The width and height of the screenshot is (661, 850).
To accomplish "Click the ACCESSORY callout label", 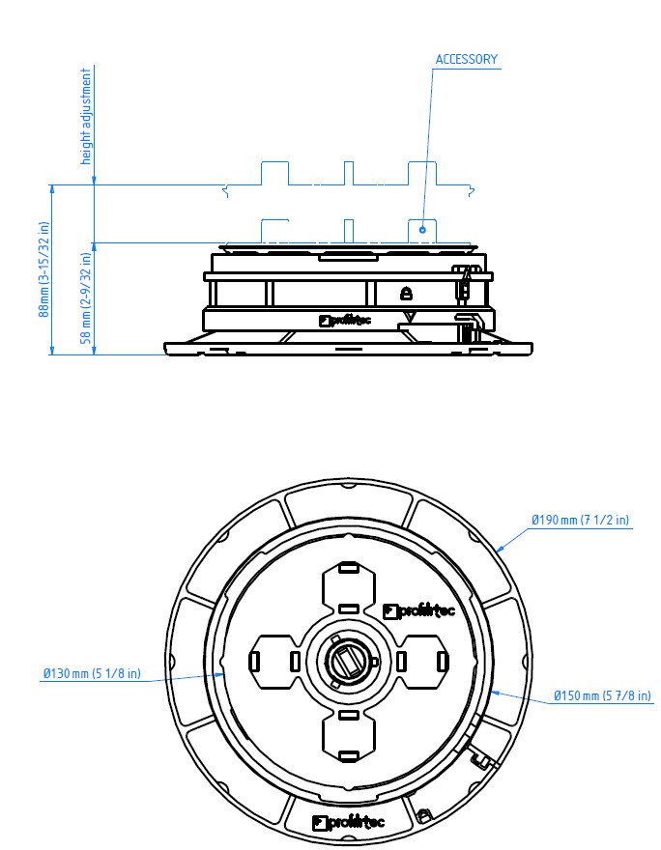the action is click(467, 59).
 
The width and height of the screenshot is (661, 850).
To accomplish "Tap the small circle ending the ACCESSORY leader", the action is click(422, 230).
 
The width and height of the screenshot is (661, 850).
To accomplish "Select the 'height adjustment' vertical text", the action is click(86, 116).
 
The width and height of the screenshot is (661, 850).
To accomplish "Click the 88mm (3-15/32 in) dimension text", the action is click(43, 269).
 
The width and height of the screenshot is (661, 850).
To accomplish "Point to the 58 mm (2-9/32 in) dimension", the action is click(86, 298).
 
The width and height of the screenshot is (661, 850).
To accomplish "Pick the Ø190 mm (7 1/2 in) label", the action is click(580, 520).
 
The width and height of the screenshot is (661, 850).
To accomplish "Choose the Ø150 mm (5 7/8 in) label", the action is click(602, 695).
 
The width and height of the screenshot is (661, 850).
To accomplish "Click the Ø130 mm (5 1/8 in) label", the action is click(92, 673).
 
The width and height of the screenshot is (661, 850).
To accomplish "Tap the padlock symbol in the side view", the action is click(406, 294).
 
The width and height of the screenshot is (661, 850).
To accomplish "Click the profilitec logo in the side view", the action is click(345, 321).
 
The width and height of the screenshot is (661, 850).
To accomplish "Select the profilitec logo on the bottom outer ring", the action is click(349, 822).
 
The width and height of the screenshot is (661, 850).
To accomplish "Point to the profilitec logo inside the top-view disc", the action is click(418, 610).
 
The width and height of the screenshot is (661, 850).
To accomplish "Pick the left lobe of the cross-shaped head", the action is click(275, 662).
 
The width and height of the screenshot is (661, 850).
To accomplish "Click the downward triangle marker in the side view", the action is click(411, 317).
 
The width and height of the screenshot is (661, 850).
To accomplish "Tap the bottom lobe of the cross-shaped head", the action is click(349, 734).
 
